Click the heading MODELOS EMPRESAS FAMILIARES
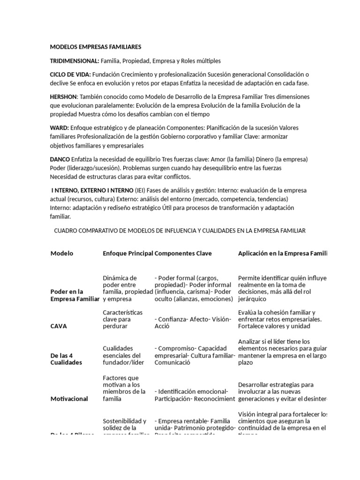pyautogui.click(x=95, y=47)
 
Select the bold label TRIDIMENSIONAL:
pyautogui.click(x=75, y=61)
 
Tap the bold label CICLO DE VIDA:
pyautogui.click(x=71, y=75)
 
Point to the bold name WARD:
pyautogui.click(x=60, y=128)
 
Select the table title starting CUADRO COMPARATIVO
pyautogui.click(x=180, y=231)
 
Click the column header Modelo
pyautogui.click(x=62, y=253)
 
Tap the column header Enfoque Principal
pyautogui.click(x=127, y=253)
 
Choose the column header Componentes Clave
pyautogui.click(x=183, y=253)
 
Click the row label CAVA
pyautogui.click(x=58, y=326)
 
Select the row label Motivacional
pyautogui.click(x=69, y=398)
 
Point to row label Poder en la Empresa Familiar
pyautogui.click(x=75, y=295)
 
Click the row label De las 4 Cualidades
pyautogui.click(x=66, y=359)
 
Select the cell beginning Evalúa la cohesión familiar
pyautogui.click(x=281, y=319)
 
